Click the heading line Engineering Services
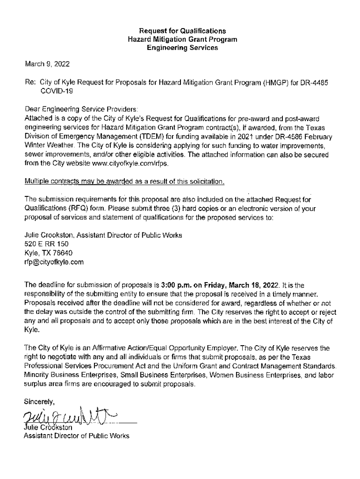pyautogui.click(x=182, y=48)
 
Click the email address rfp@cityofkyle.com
pyautogui.click(x=54, y=262)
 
